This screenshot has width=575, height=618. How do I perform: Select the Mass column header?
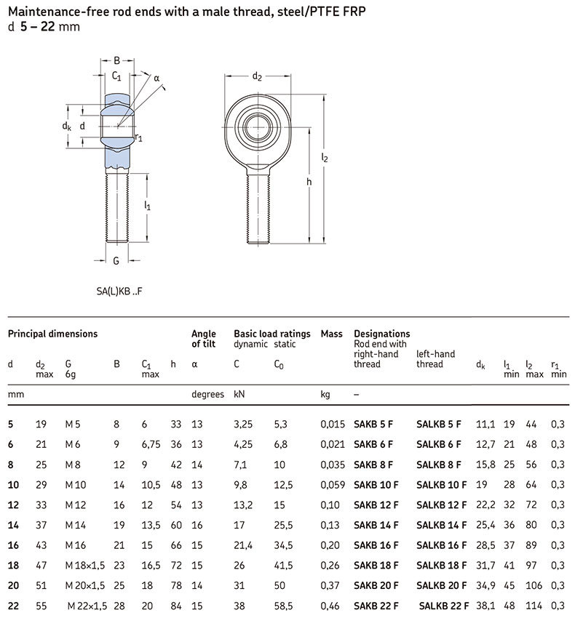click(331, 334)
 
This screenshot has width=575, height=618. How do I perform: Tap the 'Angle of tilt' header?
click(204, 339)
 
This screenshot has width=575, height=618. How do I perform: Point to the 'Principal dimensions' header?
click(52, 334)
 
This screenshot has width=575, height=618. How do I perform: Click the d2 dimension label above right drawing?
click(257, 75)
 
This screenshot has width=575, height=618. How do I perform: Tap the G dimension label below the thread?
click(116, 260)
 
